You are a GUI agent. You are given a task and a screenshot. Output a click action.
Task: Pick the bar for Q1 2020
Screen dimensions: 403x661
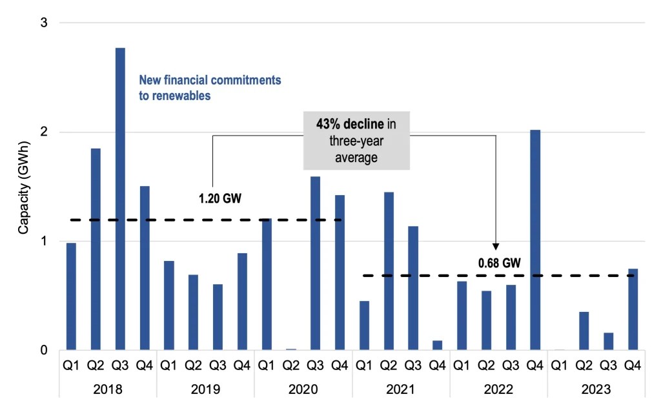tap(267, 284)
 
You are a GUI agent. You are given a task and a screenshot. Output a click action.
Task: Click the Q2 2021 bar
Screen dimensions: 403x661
tap(389, 271)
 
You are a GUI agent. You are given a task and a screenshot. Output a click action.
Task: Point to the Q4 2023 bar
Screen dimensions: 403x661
tap(633, 309)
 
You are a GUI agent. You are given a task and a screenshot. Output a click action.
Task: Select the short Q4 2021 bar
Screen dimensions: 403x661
tap(438, 346)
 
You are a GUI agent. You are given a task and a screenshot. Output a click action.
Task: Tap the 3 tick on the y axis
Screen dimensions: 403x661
tap(45, 23)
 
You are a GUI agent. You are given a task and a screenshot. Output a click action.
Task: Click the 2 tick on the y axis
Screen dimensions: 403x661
tap(45, 132)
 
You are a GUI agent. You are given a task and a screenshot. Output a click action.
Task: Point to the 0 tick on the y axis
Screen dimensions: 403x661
tap(45, 351)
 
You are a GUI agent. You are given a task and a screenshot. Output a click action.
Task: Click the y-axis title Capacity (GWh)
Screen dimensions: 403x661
tap(23, 187)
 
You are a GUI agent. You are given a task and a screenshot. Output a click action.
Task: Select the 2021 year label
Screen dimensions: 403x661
tap(401, 390)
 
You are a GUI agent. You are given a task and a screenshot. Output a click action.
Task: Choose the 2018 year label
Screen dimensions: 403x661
tap(108, 390)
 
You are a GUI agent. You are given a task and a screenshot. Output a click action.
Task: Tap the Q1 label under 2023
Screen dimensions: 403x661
tap(560, 366)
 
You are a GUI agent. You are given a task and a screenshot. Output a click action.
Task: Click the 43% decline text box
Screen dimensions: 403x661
tap(356, 139)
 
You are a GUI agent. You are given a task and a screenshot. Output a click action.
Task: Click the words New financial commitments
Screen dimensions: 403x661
tap(210, 81)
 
